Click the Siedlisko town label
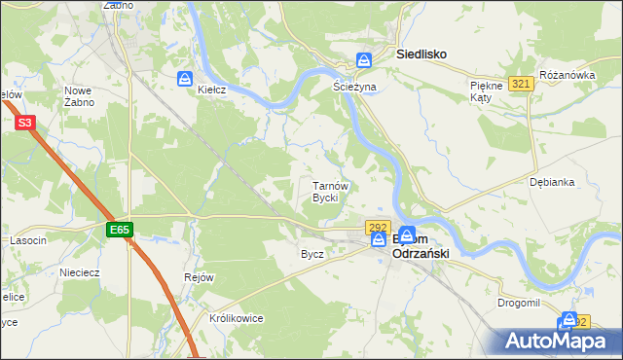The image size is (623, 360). click(421, 55)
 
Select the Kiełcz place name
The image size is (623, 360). click(211, 89)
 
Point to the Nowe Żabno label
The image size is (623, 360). click(79, 95)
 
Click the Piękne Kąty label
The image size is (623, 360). click(484, 92)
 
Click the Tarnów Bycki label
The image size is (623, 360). click(324, 191)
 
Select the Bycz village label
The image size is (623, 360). click(311, 253)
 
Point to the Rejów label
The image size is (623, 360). click(199, 277)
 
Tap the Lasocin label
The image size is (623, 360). click(28, 239)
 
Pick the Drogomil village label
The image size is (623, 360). click(520, 303)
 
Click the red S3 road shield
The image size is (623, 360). click(25, 123)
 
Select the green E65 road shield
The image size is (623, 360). click(119, 230)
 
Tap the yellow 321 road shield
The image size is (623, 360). click(521, 85)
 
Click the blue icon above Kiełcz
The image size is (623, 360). click(185, 80)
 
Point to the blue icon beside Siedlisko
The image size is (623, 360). click(364, 59)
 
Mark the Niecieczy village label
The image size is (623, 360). click(80, 273)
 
